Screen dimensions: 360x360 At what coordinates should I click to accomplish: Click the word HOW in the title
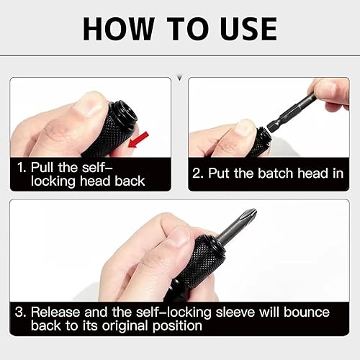tap(119, 29)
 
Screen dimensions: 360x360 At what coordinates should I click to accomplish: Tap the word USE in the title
tap(249, 29)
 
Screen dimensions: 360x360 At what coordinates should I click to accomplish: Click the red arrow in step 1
tap(138, 140)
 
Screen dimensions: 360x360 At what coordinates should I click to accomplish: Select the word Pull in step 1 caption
tap(42, 167)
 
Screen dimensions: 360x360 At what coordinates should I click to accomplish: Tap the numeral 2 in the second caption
tap(197, 174)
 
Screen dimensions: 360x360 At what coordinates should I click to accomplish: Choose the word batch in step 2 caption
tap(276, 173)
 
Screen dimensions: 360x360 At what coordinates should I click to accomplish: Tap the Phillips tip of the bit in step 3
tap(250, 214)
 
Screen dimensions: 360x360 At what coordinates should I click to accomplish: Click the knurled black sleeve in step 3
tap(199, 260)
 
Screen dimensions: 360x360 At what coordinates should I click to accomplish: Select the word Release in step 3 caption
tap(55, 312)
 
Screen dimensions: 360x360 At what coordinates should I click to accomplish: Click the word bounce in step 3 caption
tap(307, 312)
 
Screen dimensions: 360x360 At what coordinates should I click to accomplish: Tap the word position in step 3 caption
tap(177, 326)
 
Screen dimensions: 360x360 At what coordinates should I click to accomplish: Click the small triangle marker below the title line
tap(180, 78)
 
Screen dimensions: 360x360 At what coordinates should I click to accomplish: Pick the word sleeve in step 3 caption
tap(235, 312)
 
